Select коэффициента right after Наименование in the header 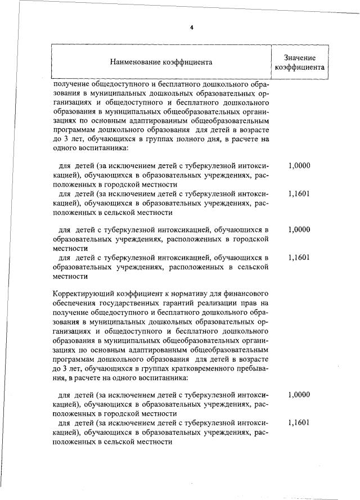click(187, 62)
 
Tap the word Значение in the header click(299, 57)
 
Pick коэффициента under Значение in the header click(299, 67)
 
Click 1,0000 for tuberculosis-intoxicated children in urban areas click(299, 230)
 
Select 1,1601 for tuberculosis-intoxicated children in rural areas click(299, 258)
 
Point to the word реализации click(211, 303)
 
